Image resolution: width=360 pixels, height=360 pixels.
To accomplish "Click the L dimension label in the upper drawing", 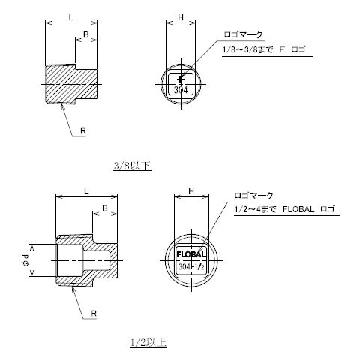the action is click(71, 17).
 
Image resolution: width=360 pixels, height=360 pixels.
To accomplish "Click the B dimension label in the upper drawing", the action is click(85, 34).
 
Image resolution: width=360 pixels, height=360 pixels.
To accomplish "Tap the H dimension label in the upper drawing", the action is click(181, 17).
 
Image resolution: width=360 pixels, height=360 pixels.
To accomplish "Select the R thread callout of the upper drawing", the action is click(83, 130).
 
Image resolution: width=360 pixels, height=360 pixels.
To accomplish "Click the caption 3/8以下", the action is click(132, 166).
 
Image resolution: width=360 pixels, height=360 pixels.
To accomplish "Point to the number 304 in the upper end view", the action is click(181, 90).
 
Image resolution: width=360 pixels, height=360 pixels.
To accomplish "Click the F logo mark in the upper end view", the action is click(181, 79).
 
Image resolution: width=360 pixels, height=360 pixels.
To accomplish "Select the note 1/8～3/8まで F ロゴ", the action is click(264, 49).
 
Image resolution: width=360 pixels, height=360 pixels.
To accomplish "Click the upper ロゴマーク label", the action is click(244, 34).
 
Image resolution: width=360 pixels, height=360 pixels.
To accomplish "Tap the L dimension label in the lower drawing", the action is click(86, 191).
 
